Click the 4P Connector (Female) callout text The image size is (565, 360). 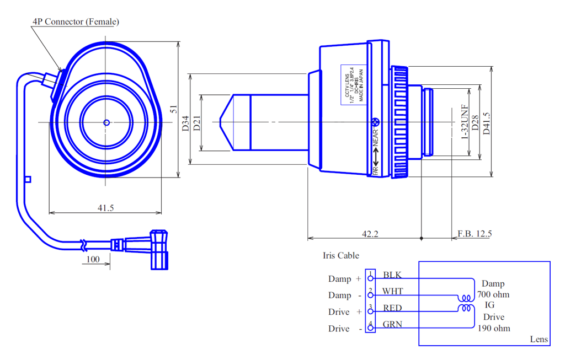[x=76, y=22]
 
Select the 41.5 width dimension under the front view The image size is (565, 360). [x=105, y=207]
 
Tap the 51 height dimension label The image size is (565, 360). [x=174, y=109]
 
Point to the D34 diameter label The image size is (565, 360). [x=185, y=122]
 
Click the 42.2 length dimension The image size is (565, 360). [x=370, y=234]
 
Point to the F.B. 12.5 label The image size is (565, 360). [x=475, y=234]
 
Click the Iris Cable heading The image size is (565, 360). [x=341, y=255]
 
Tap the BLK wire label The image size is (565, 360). [x=392, y=275]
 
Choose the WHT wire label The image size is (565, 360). [x=393, y=291]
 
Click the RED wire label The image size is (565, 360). [x=392, y=308]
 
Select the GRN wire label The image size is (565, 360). [x=392, y=324]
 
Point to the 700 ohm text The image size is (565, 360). [x=494, y=294]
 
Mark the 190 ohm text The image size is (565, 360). [x=494, y=328]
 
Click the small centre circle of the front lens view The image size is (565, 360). [x=106, y=122]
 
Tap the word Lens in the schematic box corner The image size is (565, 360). [x=539, y=339]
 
